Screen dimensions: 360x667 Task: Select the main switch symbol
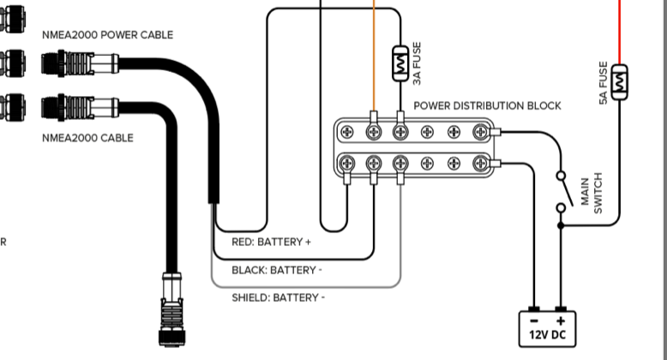(562, 190)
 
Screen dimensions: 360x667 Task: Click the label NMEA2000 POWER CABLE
(107, 35)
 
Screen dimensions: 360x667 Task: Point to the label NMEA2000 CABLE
(87, 137)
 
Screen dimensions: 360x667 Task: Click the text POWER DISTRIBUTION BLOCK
(487, 105)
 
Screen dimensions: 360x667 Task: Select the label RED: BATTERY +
(271, 242)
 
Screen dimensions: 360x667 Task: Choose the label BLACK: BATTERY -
(277, 270)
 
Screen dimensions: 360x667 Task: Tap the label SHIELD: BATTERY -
(278, 297)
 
